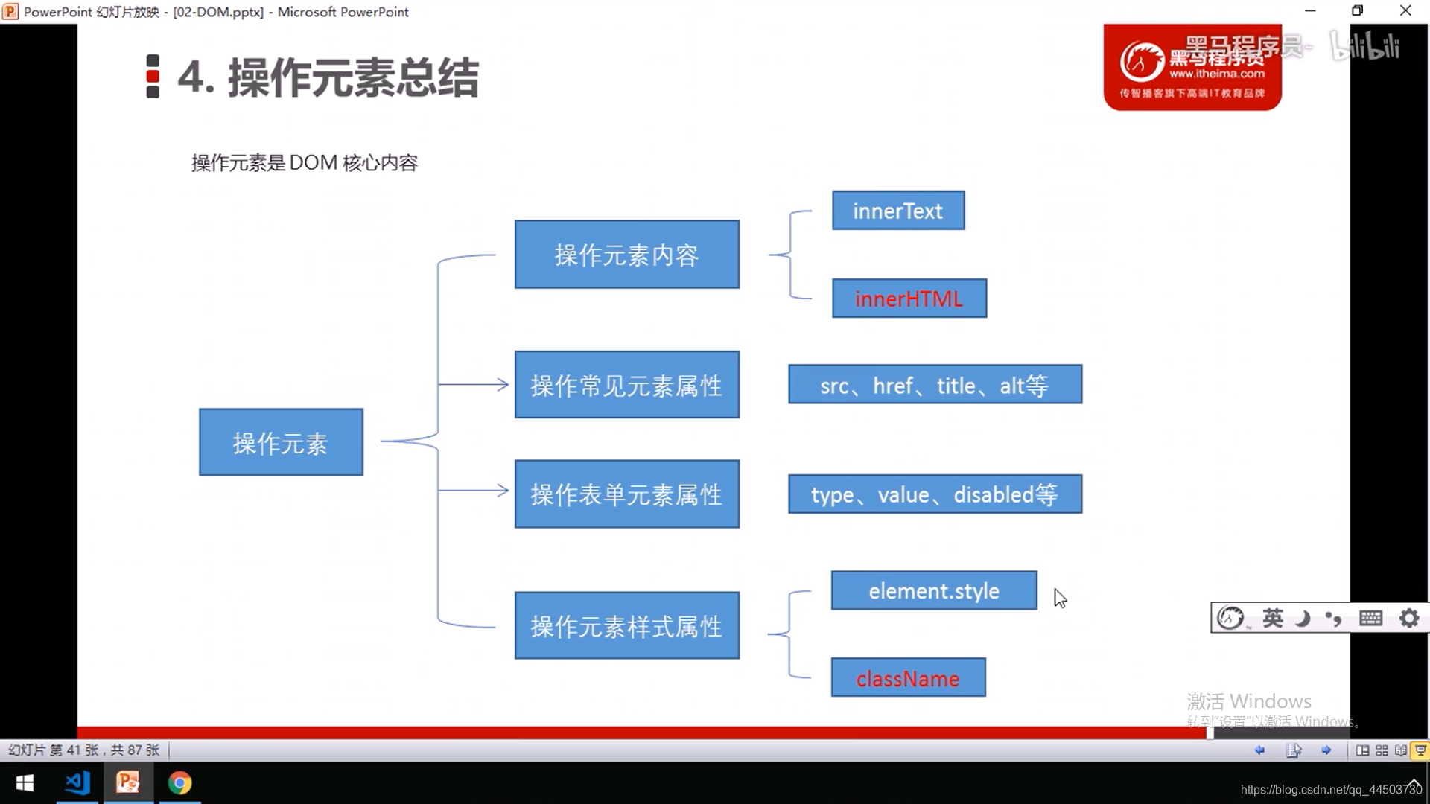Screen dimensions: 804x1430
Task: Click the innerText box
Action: [898, 211]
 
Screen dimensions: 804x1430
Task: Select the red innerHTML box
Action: [909, 299]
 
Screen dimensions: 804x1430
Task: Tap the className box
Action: [908, 678]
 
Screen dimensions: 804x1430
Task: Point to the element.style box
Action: [934, 591]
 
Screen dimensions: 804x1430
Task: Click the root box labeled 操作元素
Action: [281, 442]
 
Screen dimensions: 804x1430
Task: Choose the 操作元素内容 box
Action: [626, 255]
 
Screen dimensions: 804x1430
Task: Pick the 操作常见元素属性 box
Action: [626, 385]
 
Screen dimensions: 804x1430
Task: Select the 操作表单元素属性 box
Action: [626, 494]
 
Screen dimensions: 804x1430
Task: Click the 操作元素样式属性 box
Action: [626, 626]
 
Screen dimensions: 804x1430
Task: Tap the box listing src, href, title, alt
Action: [935, 385]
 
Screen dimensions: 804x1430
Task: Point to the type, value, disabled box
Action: [935, 494]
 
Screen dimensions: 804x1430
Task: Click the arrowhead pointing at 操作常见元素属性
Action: [503, 385]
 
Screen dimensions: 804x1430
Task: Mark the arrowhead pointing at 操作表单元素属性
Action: [503, 491]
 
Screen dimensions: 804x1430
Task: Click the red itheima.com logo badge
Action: [1192, 68]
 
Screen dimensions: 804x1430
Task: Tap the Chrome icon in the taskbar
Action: [179, 783]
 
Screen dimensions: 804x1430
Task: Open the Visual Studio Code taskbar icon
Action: [77, 783]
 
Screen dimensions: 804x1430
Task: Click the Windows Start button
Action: [25, 783]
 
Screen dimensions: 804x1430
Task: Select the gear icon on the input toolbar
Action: [1409, 618]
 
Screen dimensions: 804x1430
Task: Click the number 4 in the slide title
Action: [191, 77]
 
